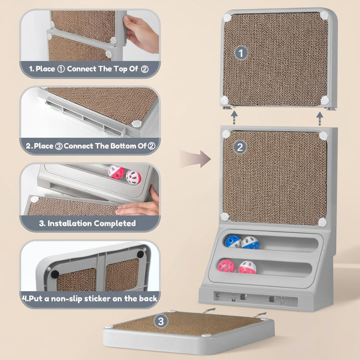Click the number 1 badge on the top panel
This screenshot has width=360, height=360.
(241, 53)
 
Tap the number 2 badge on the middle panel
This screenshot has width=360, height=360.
(240, 147)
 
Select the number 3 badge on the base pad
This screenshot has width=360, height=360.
(161, 321)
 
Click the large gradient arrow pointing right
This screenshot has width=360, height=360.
(195, 159)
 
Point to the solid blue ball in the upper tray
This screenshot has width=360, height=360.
(233, 241)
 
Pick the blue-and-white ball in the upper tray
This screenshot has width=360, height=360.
(250, 243)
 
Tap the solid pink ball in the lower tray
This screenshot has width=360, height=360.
(226, 266)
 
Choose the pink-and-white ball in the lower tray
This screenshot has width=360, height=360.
(247, 267)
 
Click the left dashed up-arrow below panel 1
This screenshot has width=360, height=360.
(234, 117)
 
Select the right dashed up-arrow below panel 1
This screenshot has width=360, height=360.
(320, 118)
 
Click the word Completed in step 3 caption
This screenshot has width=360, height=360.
(115, 223)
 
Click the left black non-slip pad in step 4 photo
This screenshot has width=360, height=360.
(55, 274)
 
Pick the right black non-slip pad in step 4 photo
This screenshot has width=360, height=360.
(141, 254)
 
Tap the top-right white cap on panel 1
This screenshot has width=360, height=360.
(324, 15)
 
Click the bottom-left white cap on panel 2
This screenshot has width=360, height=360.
(225, 217)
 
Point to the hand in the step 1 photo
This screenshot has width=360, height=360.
(141, 34)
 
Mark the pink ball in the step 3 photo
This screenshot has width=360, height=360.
(116, 172)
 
